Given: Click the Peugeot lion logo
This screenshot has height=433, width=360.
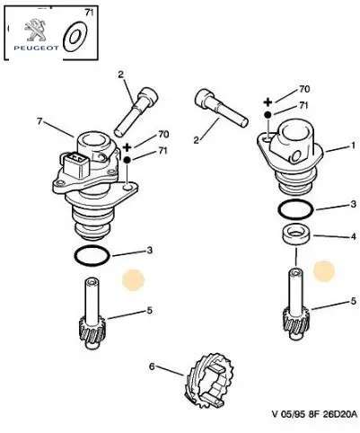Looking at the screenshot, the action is pyautogui.click(x=35, y=30).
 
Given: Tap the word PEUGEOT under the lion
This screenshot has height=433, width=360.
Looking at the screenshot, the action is pyautogui.click(x=36, y=48).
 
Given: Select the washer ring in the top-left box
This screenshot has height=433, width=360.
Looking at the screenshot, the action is pyautogui.click(x=75, y=37).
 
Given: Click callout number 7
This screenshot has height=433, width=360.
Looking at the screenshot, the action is pyautogui.click(x=40, y=121).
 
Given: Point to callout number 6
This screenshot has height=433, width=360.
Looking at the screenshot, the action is pyautogui.click(x=152, y=367).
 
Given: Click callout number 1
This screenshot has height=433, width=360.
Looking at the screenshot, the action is pyautogui.click(x=354, y=146).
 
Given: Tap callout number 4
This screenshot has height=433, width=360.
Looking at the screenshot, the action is pyautogui.click(x=354, y=236).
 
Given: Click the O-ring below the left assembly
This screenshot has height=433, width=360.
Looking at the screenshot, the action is pyautogui.click(x=92, y=255).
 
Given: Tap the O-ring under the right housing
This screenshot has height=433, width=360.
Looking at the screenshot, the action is pyautogui.click(x=295, y=209).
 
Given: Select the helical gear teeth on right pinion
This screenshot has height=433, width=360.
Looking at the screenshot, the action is pyautogui.click(x=296, y=322).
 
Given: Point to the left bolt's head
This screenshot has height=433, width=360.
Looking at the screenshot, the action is pyautogui.click(x=148, y=96).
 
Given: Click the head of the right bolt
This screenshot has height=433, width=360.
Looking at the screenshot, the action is pyautogui.click(x=205, y=100).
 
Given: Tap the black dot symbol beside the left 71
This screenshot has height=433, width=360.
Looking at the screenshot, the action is pyautogui.click(x=127, y=160).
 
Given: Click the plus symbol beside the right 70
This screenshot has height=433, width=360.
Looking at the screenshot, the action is pyautogui.click(x=268, y=102).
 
